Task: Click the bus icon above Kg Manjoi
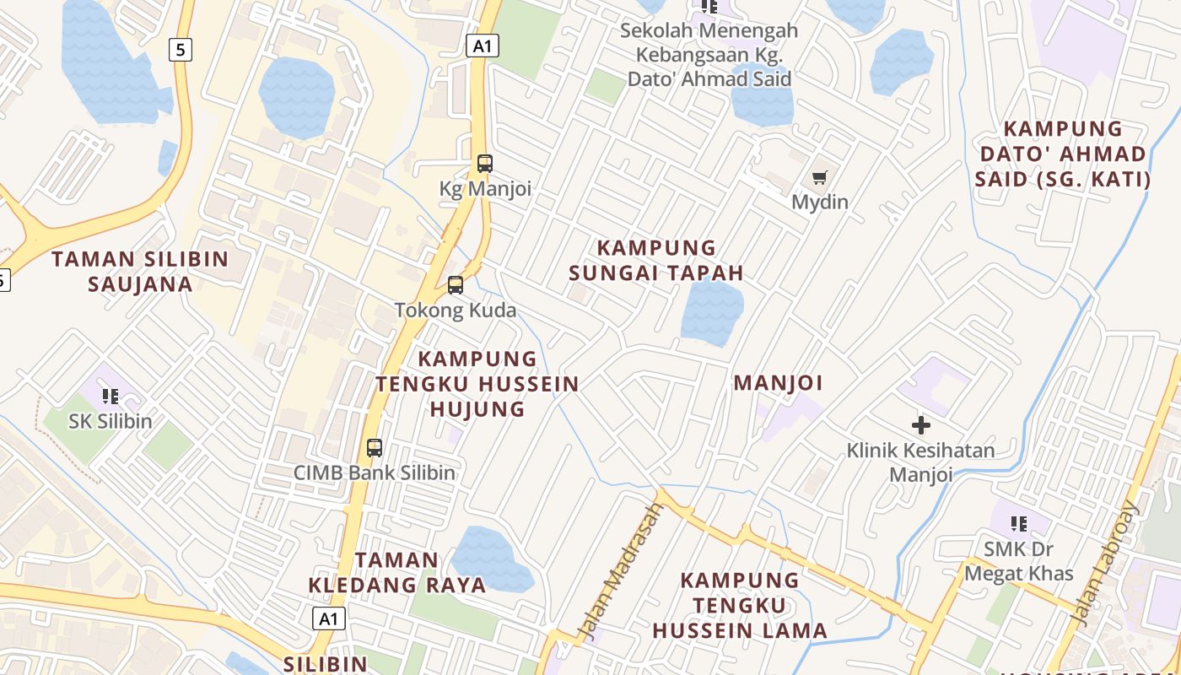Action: [x=484, y=164]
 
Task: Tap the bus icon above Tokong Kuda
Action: [x=456, y=285]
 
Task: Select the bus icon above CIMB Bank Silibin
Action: [x=375, y=448]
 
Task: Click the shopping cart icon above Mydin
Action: [x=819, y=177]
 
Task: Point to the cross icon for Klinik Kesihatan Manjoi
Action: [x=921, y=425]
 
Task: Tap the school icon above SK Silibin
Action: [x=110, y=396]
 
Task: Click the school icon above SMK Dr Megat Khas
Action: [x=1019, y=524]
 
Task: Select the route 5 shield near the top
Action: [x=181, y=50]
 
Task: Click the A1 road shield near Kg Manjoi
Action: [x=483, y=46]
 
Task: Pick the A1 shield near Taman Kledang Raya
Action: [x=329, y=618]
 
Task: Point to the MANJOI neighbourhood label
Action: [x=778, y=383]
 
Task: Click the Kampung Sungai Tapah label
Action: [x=656, y=260]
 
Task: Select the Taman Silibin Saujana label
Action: [x=140, y=271]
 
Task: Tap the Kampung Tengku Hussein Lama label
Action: [x=740, y=605]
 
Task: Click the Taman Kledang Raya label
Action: [x=396, y=572]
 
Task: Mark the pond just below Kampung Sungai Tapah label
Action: [x=712, y=312]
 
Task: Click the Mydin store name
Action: [x=819, y=202]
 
